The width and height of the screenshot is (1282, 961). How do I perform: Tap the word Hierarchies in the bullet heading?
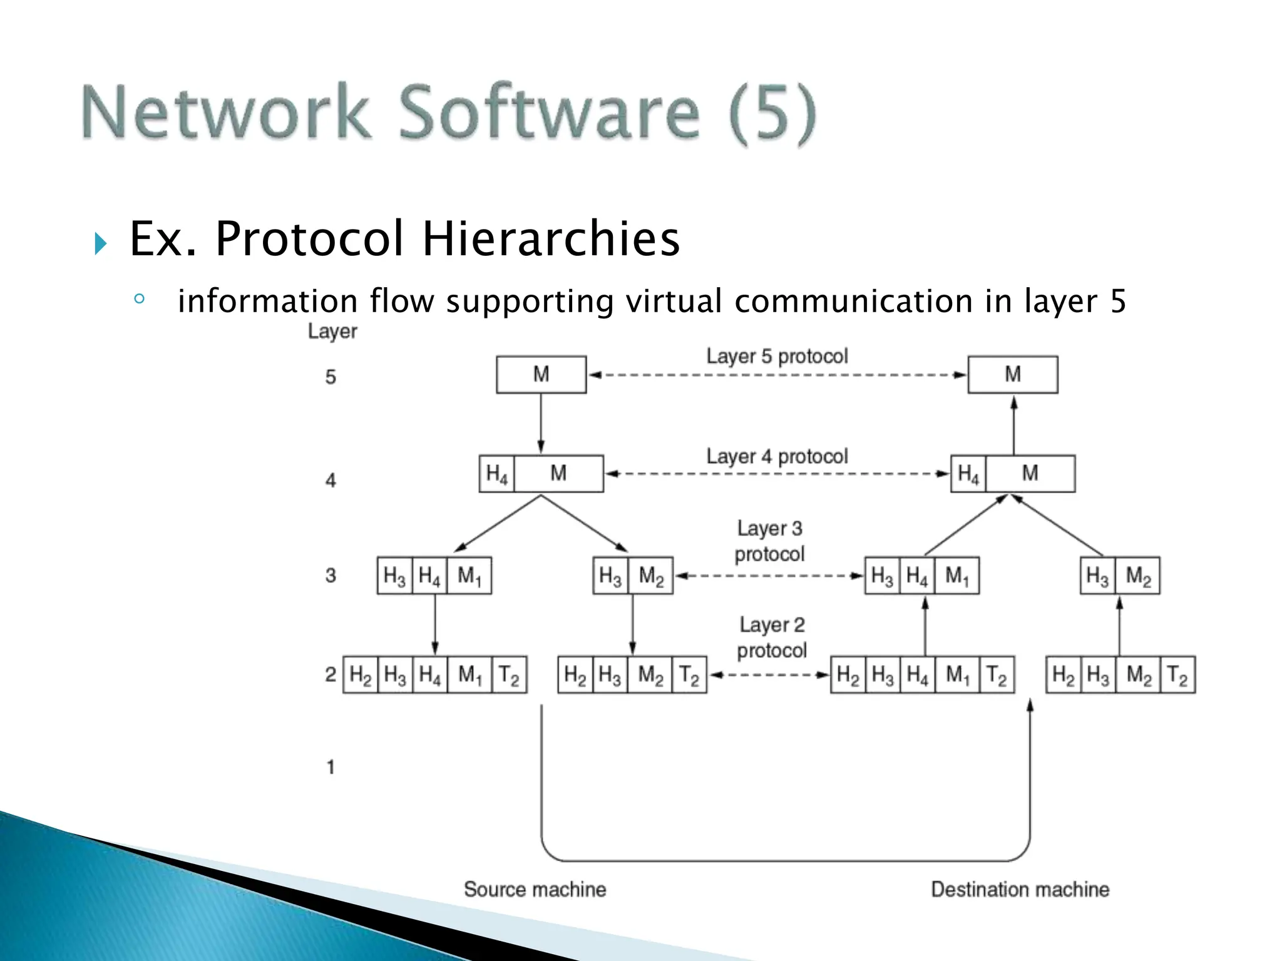pyautogui.click(x=551, y=239)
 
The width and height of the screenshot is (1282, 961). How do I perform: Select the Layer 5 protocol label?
pyautogui.click(x=777, y=356)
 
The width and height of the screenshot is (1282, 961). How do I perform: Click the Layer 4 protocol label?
pyautogui.click(x=777, y=456)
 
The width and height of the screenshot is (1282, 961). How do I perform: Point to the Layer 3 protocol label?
pyautogui.click(x=769, y=541)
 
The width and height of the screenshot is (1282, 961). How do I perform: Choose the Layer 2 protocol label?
pyautogui.click(x=772, y=638)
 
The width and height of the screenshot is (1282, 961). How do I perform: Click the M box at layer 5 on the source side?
pyautogui.click(x=541, y=374)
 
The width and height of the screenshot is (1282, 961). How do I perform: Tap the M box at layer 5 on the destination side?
pyautogui.click(x=1012, y=374)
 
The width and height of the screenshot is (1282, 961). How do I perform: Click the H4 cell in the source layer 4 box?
pyautogui.click(x=496, y=474)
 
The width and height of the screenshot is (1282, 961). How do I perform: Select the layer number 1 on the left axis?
pyautogui.click(x=331, y=767)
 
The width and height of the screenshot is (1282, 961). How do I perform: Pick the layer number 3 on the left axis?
pyautogui.click(x=331, y=575)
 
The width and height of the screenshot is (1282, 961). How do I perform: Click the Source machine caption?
pyautogui.click(x=535, y=889)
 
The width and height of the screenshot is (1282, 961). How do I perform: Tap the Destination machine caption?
pyautogui.click(x=1020, y=889)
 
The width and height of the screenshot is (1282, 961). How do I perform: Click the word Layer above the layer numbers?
pyautogui.click(x=332, y=331)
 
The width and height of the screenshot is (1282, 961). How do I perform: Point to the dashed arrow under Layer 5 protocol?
pyautogui.click(x=777, y=375)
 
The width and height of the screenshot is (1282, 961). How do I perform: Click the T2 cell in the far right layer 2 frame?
pyautogui.click(x=1177, y=674)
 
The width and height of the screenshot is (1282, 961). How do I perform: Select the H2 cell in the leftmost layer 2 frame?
pyautogui.click(x=361, y=674)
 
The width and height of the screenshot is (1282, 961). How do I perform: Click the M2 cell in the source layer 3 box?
pyautogui.click(x=650, y=575)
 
